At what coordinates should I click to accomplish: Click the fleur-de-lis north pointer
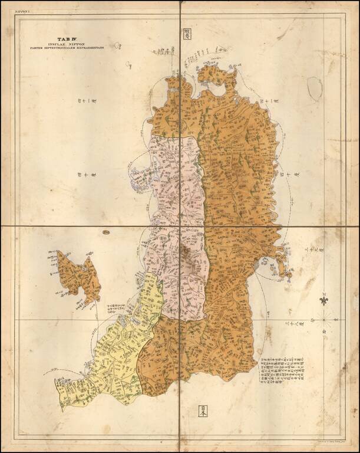[x=323, y=300]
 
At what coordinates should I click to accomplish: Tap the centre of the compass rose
[x=323, y=320]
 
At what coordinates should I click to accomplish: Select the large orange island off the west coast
[x=79, y=277]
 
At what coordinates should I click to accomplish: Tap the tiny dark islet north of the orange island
[x=105, y=232]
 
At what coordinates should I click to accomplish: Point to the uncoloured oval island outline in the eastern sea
[x=315, y=87]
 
